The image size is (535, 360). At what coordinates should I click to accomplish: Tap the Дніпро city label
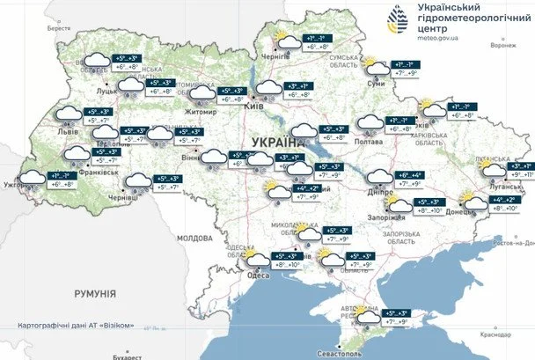[380, 190]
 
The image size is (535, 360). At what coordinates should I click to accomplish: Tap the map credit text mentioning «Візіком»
[76, 326]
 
